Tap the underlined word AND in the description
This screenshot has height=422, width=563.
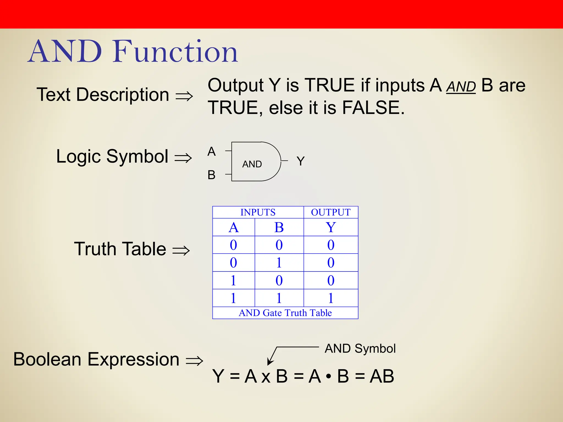pos(461,87)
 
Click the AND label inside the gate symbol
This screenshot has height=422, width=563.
pos(252,164)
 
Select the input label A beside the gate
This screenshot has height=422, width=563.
pos(211,152)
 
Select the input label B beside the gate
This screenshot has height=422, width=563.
pos(211,175)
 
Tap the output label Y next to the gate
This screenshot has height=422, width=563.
pos(300,161)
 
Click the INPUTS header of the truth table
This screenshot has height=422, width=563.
pos(258,212)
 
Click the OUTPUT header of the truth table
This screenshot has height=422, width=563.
pos(330,212)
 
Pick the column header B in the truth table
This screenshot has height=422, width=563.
pos(279,227)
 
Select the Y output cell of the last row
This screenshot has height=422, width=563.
pos(331,298)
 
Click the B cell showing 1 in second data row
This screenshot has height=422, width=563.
pos(279,263)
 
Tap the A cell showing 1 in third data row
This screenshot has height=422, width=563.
pos(233,281)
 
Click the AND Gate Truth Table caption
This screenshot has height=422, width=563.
pos(285,313)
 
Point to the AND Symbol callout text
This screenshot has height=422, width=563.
pos(360,349)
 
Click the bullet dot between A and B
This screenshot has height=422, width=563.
pos(328,377)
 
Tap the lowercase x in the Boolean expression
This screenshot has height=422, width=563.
pos(266,377)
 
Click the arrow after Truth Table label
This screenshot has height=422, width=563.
pos(181,250)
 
